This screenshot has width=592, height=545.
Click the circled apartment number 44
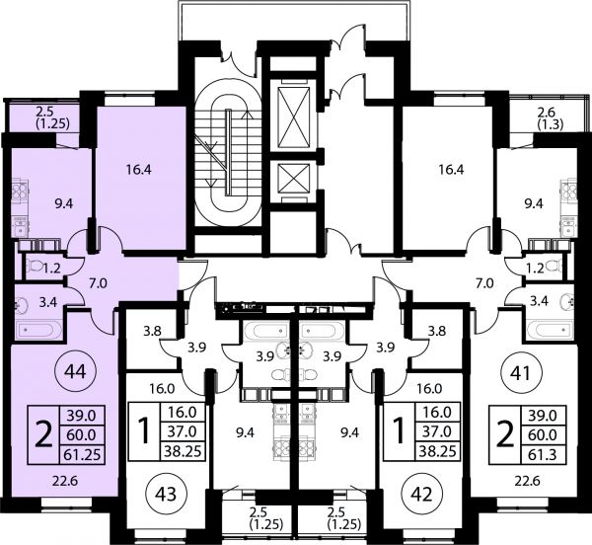[x=76, y=372]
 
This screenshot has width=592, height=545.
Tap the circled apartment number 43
[x=167, y=494]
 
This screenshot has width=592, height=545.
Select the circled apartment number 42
[x=423, y=494]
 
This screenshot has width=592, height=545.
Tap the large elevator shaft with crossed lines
[x=293, y=117]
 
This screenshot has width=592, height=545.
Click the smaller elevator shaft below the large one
[x=293, y=178]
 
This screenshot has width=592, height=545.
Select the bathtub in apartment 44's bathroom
[x=38, y=330]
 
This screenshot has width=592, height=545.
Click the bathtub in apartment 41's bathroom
[x=551, y=330]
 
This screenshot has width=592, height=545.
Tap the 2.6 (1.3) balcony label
[x=551, y=118]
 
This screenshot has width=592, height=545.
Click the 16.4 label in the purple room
[x=139, y=170]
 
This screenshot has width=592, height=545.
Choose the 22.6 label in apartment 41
[x=528, y=481]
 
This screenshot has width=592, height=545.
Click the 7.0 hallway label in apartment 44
[x=98, y=283]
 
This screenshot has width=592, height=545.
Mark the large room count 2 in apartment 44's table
[x=43, y=434]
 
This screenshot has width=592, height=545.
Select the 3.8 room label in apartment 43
[x=153, y=331]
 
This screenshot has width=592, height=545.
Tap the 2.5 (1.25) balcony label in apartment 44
[x=53, y=117]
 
